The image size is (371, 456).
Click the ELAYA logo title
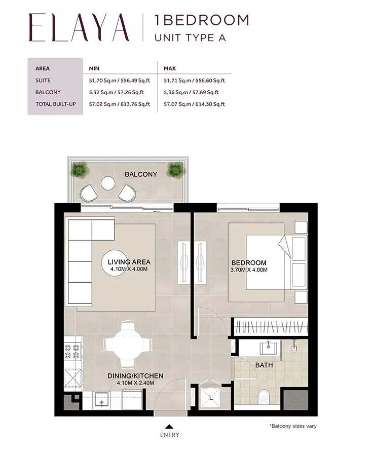pos(79,28)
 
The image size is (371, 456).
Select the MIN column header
pos(94,68)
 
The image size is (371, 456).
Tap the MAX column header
pos(169,68)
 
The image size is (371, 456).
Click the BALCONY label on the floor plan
pos(141,174)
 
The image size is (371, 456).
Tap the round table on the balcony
pos(108,183)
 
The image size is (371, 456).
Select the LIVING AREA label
pos(129,262)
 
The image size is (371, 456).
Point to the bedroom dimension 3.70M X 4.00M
pos(249,270)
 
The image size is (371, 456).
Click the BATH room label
pos(264,365)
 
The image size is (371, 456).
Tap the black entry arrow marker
pos(169,426)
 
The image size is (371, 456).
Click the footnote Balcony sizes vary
pos(293,426)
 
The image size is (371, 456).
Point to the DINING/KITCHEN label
pos(135,376)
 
